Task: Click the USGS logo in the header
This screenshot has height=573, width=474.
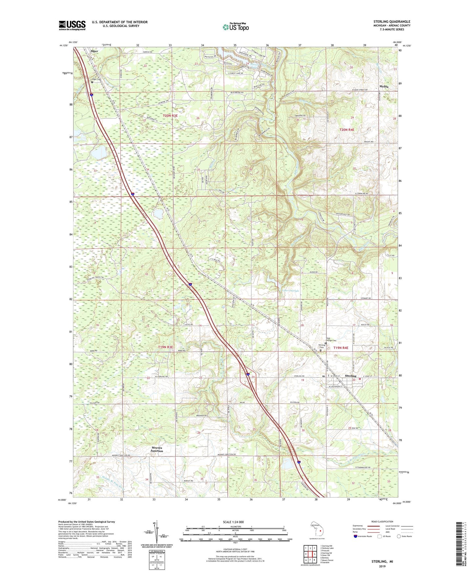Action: (72, 25)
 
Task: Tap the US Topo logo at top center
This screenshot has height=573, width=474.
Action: (235, 27)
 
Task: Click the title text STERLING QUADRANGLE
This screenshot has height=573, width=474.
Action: (392, 22)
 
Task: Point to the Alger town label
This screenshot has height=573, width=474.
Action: (94, 51)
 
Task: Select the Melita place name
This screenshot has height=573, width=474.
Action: (384, 86)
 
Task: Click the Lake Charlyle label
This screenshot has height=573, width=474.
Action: (290, 291)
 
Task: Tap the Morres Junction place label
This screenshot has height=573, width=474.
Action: (156, 449)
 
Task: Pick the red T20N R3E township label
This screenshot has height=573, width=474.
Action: (170, 116)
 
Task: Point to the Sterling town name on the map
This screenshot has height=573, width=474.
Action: (351, 376)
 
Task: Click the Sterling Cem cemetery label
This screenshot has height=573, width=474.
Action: (322, 346)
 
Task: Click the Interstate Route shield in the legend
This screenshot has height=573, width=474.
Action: (356, 536)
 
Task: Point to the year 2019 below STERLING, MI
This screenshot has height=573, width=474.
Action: (382, 566)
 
